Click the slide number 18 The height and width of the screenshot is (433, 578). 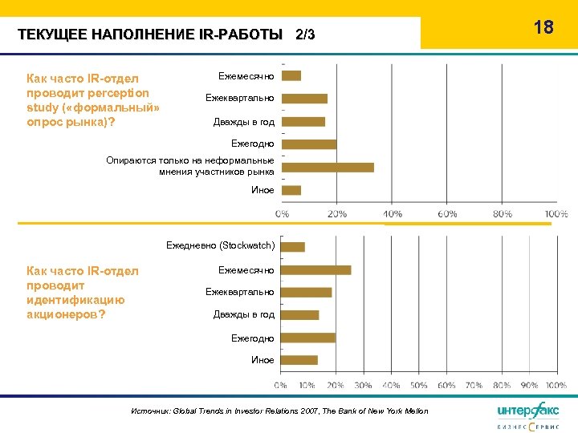click(543, 27)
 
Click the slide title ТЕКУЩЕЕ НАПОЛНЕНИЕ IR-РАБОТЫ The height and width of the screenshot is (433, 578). click(150, 35)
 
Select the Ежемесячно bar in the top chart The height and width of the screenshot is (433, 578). click(291, 75)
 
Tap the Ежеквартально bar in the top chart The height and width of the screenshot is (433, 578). click(304, 99)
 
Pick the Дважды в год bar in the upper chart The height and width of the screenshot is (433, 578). click(303, 122)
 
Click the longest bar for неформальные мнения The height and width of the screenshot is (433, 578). click(328, 167)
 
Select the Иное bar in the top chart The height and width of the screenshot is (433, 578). click(291, 190)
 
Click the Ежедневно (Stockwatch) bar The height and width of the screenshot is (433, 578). click(293, 246)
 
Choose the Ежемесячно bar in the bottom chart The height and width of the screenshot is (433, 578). click(316, 269)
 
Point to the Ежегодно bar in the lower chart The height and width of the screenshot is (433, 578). click(308, 338)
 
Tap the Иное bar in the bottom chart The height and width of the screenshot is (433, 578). click(299, 360)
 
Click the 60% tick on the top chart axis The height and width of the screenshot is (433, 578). click(447, 214)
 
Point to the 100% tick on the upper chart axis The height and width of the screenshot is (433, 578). click(556, 214)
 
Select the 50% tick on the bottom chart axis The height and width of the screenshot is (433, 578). click(419, 386)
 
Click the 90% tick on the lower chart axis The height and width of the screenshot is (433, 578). click(530, 386)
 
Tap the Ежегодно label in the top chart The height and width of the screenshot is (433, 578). click(253, 144)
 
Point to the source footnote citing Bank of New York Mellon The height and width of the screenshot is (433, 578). click(279, 411)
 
